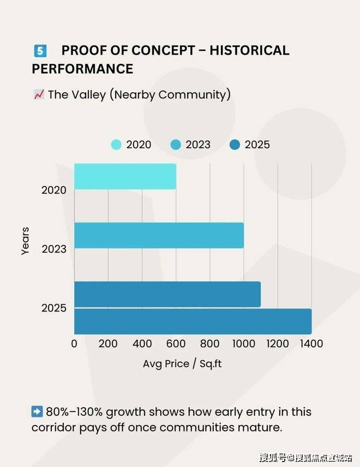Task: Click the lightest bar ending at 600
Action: [x=125, y=176]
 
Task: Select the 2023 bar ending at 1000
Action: [x=159, y=235]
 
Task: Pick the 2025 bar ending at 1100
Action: [x=167, y=294]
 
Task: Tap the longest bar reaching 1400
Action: [x=193, y=321]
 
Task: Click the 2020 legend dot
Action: [x=116, y=145]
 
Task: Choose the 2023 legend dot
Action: [x=176, y=145]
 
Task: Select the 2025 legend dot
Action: [x=235, y=145]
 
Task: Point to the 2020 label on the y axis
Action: [x=54, y=190]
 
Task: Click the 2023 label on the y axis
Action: [x=54, y=249]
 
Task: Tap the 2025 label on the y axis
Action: [x=54, y=308]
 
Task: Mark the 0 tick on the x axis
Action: [x=74, y=344]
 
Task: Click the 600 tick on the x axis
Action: [x=176, y=344]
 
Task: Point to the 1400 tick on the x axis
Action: [x=311, y=344]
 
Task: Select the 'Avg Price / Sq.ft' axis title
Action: [x=182, y=363]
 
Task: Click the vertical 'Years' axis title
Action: [x=25, y=241]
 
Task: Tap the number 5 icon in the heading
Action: [x=40, y=51]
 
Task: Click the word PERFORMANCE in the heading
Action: [x=82, y=69]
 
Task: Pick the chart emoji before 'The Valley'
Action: [x=38, y=94]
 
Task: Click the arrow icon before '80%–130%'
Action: [x=37, y=411]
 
